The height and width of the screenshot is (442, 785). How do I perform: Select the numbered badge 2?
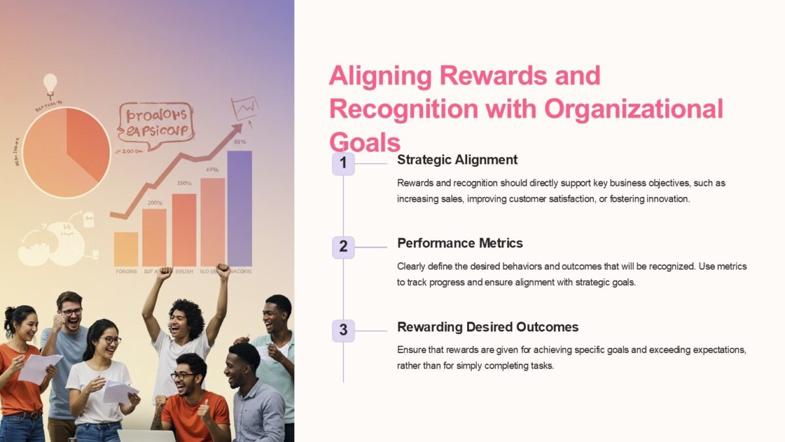343,248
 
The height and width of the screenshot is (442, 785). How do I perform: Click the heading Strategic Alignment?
457,160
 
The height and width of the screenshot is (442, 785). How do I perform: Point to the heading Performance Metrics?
460,243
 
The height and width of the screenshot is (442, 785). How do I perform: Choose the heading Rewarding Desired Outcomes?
488,327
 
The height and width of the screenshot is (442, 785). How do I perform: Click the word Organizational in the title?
633,109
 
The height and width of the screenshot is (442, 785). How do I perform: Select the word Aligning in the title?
380,76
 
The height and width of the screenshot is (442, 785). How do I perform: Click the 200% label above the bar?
154,203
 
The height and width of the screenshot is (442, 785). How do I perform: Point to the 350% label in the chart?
184,183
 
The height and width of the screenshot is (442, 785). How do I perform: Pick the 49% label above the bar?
212,170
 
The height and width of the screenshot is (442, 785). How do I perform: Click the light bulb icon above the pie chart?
50,83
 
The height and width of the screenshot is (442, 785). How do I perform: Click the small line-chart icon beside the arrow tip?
245,107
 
